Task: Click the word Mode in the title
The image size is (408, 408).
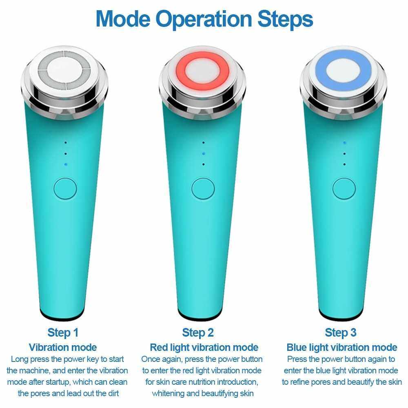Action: (x=123, y=19)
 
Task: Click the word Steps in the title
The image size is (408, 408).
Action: (x=285, y=20)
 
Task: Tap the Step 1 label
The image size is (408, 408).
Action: (x=63, y=333)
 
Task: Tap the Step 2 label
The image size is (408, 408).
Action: (x=198, y=333)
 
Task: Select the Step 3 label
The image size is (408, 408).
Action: (x=341, y=333)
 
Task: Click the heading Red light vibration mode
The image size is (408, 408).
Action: (x=204, y=347)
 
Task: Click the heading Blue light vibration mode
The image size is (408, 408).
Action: (x=341, y=347)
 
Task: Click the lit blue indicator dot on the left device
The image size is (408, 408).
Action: (x=66, y=164)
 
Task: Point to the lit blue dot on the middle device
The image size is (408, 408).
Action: (x=204, y=154)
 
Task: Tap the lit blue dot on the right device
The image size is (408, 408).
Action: (x=344, y=142)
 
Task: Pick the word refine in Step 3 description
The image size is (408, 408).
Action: (x=299, y=382)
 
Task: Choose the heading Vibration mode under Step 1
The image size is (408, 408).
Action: (x=63, y=347)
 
